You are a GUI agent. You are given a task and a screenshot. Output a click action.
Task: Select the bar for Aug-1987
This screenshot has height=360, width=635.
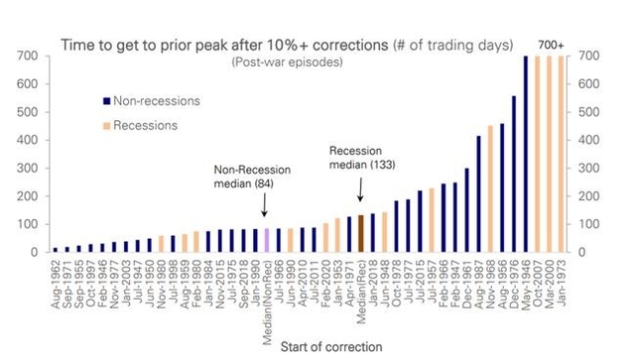pos(478,193)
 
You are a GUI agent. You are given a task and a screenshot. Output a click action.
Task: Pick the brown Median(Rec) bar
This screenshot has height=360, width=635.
pos(359,234)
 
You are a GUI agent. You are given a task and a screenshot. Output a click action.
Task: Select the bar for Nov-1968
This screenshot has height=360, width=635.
pos(490,188)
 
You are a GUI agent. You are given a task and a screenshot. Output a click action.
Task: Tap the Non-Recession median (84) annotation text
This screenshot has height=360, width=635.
pos(248,175)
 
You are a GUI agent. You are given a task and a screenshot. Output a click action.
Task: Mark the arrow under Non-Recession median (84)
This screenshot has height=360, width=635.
pos(265,206)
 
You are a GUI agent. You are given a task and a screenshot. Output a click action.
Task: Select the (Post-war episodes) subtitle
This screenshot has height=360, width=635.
pos(287,62)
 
